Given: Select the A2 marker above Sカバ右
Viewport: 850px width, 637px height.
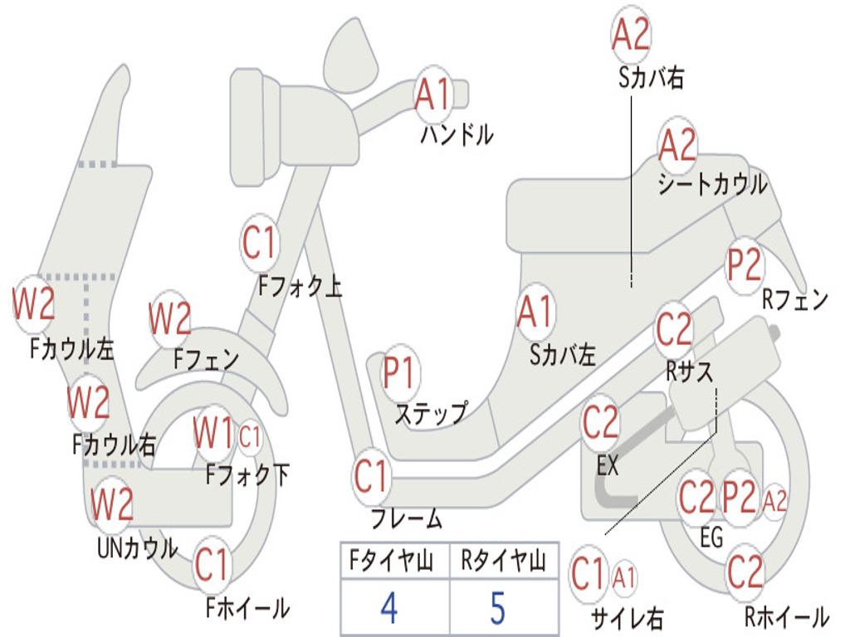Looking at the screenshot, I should pyautogui.click(x=631, y=33).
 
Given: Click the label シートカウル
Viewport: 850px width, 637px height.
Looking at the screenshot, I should pyautogui.click(x=712, y=184).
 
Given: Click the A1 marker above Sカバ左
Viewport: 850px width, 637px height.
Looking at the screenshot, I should pyautogui.click(x=535, y=312).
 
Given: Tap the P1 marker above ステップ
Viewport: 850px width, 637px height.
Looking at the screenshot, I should pyautogui.click(x=400, y=374).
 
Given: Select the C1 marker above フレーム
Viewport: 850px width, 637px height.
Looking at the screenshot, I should pyautogui.click(x=371, y=476).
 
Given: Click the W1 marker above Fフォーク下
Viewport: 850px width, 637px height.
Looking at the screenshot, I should pyautogui.click(x=213, y=432).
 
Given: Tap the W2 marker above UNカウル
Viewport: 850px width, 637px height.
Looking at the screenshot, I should pyautogui.click(x=111, y=504).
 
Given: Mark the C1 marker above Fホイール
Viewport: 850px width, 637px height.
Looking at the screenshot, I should pyautogui.click(x=212, y=566).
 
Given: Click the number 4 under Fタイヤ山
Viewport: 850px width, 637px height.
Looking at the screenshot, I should pyautogui.click(x=388, y=608).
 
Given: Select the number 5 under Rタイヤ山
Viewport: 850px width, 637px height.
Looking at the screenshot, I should pyautogui.click(x=497, y=608).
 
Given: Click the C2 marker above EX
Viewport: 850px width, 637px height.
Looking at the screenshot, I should pyautogui.click(x=600, y=424).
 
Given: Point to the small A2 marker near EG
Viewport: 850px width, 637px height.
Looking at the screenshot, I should pyautogui.click(x=774, y=500).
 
